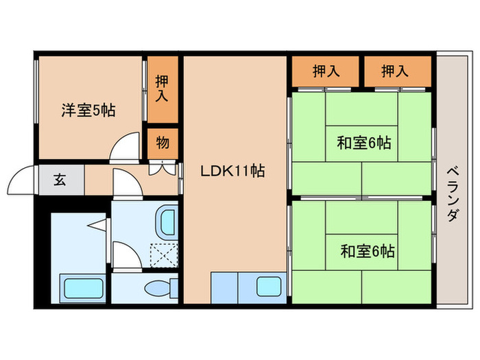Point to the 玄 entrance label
click(60, 180)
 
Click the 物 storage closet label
click(163, 143)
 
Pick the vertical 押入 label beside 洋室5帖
click(163, 88)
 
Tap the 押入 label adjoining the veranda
click(396, 70)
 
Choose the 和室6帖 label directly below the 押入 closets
click(363, 143)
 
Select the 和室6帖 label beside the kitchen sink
click(368, 250)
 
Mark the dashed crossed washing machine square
click(163, 255)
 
